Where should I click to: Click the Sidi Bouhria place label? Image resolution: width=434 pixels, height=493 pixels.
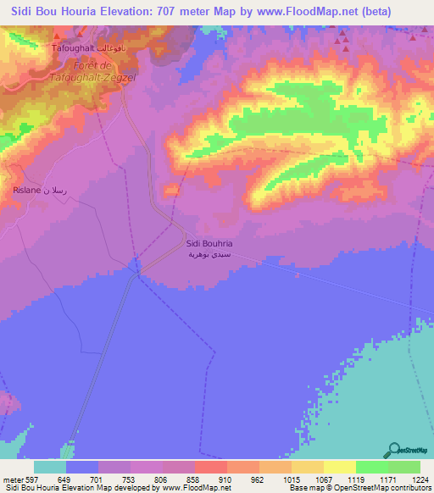tap(209, 244)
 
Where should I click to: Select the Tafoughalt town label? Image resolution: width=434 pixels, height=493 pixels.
tap(73, 49)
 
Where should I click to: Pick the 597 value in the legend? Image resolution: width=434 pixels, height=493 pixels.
tap(29, 479)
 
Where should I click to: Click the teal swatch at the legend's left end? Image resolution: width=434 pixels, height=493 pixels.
tap(50, 467)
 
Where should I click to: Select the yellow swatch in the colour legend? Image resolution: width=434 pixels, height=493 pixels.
tap(339, 467)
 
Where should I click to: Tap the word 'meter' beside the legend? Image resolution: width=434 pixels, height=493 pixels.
tap(10, 479)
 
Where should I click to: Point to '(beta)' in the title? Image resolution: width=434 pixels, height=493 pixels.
tap(372, 12)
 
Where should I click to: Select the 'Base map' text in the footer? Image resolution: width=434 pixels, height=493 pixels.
tap(307, 488)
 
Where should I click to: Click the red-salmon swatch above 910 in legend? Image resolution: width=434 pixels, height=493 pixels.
tap(210, 467)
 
